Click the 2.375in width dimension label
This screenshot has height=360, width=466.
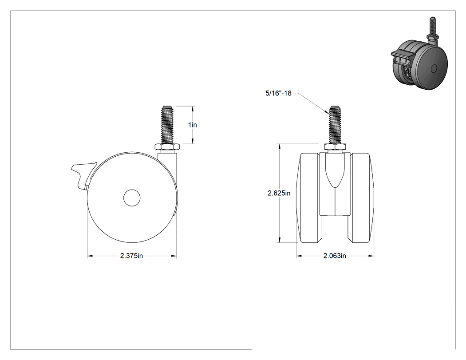(x=131, y=256)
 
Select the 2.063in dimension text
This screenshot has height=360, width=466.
(x=335, y=256)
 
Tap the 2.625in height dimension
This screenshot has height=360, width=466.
(x=279, y=193)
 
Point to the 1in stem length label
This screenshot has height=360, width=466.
(x=193, y=125)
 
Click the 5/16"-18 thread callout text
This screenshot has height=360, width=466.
(x=278, y=93)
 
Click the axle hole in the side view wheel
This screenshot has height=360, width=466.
(x=132, y=198)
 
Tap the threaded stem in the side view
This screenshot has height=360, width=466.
(x=166, y=124)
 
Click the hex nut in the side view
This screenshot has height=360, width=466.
(x=166, y=147)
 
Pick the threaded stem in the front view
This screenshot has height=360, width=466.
(x=335, y=124)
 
